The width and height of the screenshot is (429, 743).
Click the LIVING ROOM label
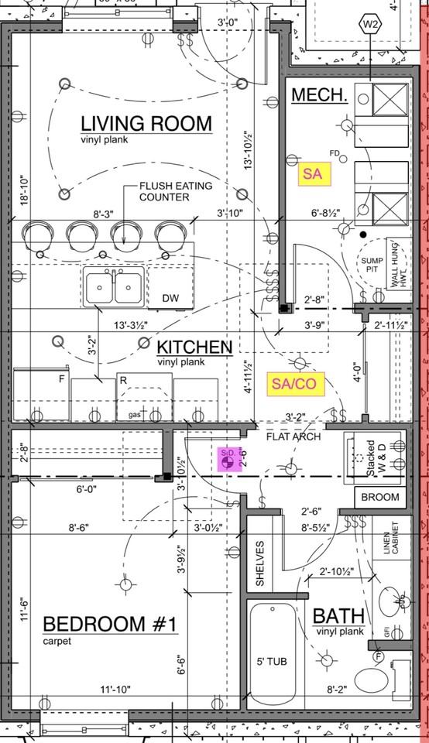click(x=146, y=123)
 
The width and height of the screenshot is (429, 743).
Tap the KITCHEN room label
click(x=194, y=347)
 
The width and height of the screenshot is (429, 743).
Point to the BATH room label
click(x=338, y=616)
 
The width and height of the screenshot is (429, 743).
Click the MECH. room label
click(x=318, y=95)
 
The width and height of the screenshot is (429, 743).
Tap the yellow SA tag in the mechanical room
click(x=314, y=174)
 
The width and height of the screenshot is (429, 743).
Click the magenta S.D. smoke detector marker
click(x=228, y=460)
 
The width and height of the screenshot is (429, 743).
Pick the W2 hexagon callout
click(x=371, y=24)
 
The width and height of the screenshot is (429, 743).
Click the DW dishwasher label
click(x=170, y=299)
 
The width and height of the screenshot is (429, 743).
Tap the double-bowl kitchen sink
click(x=115, y=286)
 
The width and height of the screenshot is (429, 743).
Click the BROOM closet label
click(x=380, y=497)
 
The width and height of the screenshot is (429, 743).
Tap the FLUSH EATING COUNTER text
click(x=175, y=191)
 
